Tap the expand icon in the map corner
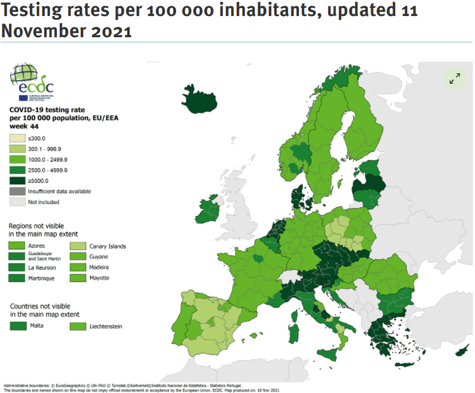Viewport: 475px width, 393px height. pos(455,78)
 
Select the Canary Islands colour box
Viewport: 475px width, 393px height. pos(78,246)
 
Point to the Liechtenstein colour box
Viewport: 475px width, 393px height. pos(78,326)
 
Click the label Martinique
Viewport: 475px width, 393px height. pos(42,278)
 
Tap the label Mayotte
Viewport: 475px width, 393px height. pos(99,278)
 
